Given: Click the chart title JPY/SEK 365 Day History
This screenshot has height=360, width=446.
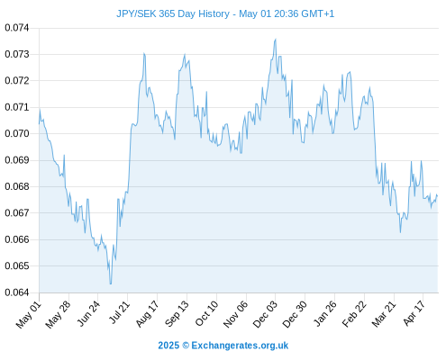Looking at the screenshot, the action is click(x=173, y=13).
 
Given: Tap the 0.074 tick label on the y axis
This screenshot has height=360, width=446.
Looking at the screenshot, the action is click(x=17, y=28).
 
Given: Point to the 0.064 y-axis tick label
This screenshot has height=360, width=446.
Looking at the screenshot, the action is click(x=17, y=292).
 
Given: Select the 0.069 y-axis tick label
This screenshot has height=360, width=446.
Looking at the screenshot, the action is click(x=17, y=160).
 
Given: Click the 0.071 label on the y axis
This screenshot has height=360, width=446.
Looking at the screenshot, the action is click(x=17, y=107).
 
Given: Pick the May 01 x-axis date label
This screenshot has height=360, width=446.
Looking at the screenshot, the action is click(x=29, y=315).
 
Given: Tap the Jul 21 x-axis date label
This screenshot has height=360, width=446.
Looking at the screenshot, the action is click(x=119, y=313).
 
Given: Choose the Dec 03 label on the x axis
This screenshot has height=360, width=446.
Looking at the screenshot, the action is click(x=265, y=315).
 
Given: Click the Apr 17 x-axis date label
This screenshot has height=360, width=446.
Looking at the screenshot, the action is click(x=414, y=314).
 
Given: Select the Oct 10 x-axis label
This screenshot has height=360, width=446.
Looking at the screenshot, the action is click(x=206, y=314).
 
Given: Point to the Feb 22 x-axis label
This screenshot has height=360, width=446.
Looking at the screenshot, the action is click(x=354, y=314).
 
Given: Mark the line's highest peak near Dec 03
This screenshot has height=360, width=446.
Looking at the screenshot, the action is click(x=276, y=39).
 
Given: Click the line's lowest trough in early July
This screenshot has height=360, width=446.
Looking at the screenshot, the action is click(x=111, y=283).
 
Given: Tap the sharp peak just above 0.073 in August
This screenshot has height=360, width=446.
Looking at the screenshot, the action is click(x=144, y=53).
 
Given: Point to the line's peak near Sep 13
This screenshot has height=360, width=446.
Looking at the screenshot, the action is click(x=185, y=54).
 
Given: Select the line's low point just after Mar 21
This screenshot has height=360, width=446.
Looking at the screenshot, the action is click(x=400, y=232).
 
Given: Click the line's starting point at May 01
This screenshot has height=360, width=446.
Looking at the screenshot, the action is click(x=39, y=123).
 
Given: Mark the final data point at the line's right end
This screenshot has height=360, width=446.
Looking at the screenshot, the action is click(x=438, y=196).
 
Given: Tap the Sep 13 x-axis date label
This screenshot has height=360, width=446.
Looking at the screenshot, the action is click(x=177, y=314).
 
